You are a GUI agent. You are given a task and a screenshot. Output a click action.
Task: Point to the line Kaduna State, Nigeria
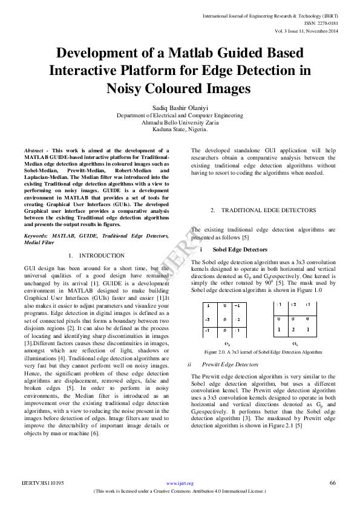pyautogui.click(x=180, y=129)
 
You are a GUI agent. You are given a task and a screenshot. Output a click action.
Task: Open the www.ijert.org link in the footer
pyautogui.click(x=180, y=484)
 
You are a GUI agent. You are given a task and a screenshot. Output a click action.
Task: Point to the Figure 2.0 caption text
pyautogui.click(x=263, y=352)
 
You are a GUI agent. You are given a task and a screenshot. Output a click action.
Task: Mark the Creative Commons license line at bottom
pyautogui.click(x=180, y=491)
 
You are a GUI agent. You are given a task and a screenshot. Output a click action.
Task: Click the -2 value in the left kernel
pyautogui.click(x=208, y=319)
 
